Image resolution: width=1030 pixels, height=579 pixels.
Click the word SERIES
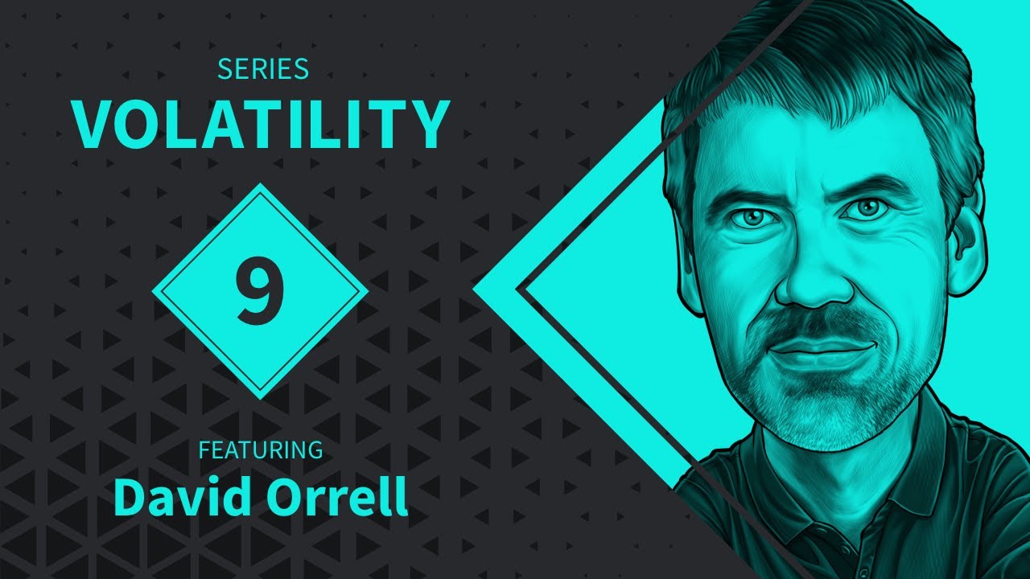[x=263, y=69]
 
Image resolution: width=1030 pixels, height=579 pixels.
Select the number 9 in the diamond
[x=259, y=290]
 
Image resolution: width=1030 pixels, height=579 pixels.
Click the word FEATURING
[x=261, y=450]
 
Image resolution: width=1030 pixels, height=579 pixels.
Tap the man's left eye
[x=863, y=208]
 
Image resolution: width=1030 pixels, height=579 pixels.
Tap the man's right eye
[x=752, y=218]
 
